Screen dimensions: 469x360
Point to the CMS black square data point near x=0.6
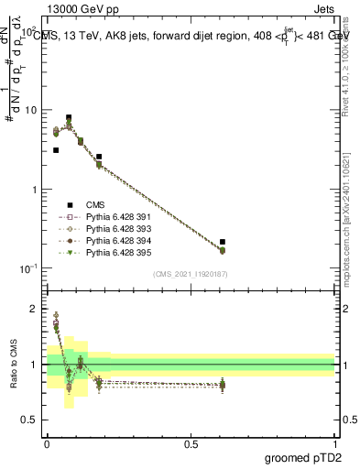pyautogui.click(x=223, y=242)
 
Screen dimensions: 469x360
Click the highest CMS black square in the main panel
pyautogui.click(x=69, y=118)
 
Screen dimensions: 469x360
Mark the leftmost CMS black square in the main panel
pyautogui.click(x=56, y=150)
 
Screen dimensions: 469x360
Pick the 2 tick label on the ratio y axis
pyautogui.click(x=35, y=309)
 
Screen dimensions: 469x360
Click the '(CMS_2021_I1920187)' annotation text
pyautogui.click(x=190, y=275)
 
